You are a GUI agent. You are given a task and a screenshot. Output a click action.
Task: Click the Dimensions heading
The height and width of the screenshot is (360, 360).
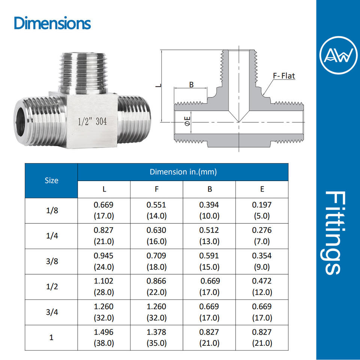coord(52,23)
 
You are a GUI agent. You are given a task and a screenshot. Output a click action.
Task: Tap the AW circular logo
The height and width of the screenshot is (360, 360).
coord(338,55)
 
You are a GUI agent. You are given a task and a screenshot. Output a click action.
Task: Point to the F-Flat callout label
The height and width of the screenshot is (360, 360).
coord(284,76)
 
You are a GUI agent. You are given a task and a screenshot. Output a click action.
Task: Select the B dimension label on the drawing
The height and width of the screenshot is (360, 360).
coord(191,85)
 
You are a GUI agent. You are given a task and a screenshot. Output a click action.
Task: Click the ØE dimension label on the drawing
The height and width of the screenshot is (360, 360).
coord(187,121)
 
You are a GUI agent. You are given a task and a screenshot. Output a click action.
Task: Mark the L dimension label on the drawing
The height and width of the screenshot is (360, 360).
coord(158,85)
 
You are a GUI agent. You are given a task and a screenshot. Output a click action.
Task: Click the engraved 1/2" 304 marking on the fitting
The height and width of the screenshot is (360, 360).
coord(92,121)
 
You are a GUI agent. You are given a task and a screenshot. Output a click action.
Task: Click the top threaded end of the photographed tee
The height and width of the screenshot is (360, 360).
coord(83,73)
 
